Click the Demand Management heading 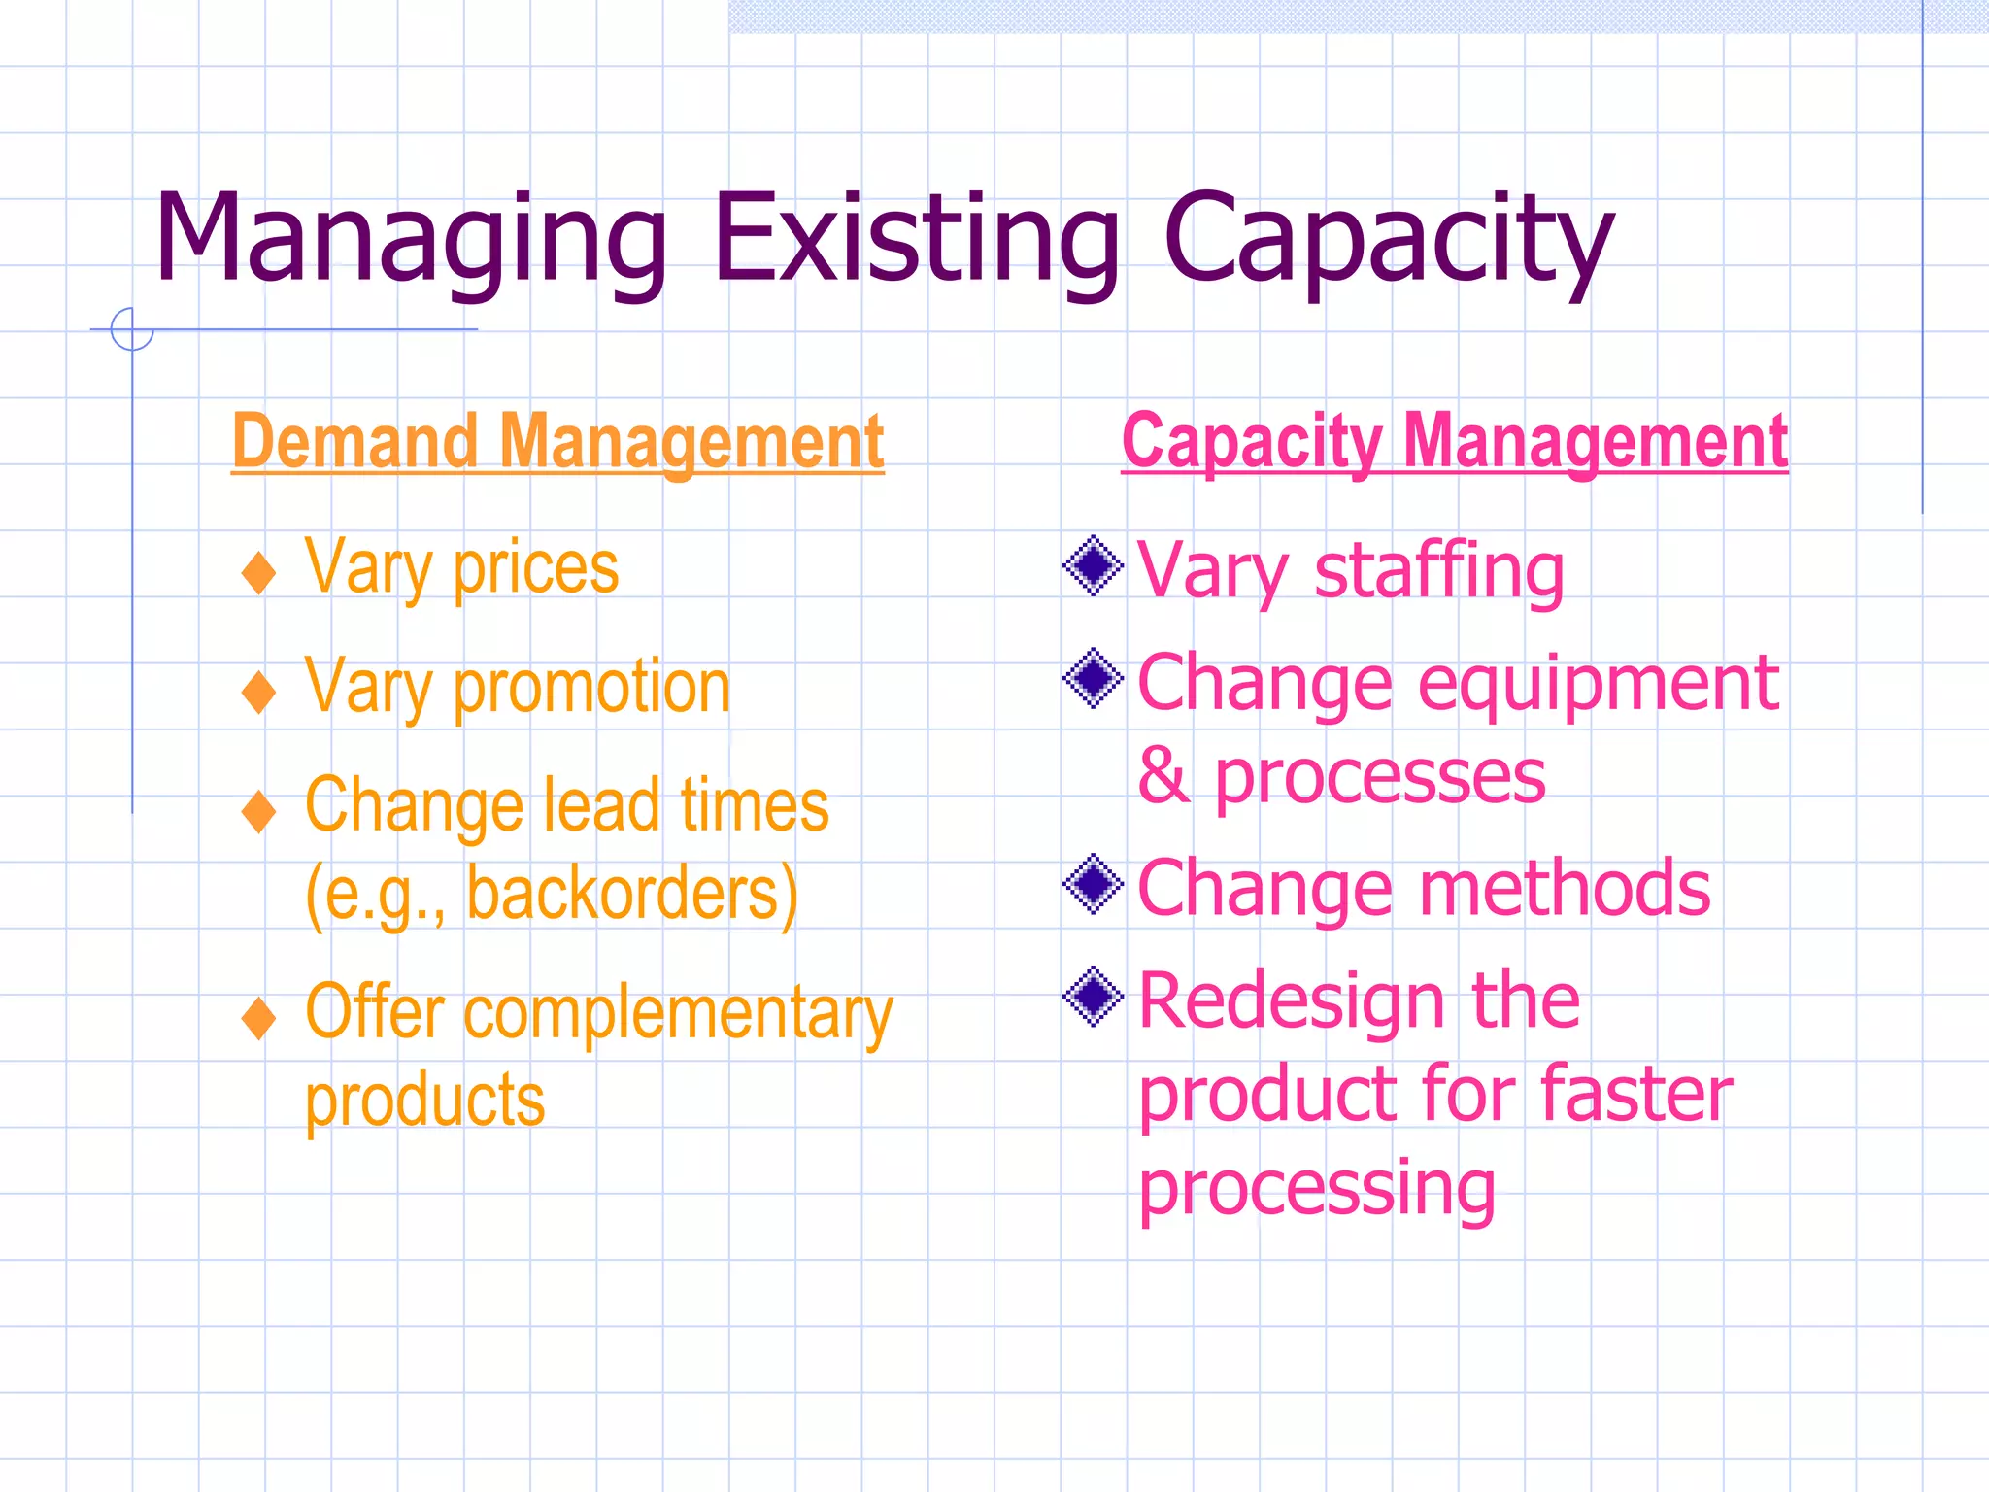[557, 442]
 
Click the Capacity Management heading [1454, 442]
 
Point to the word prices [535, 569]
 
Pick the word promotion [591, 688]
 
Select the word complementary [677, 1014]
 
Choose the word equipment [1598, 685]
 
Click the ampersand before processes [1163, 776]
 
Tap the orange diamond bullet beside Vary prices [258, 572]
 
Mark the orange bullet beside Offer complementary [258, 1018]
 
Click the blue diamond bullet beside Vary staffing [1094, 565]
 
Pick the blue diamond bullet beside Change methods [1094, 884]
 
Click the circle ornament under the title [132, 329]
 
